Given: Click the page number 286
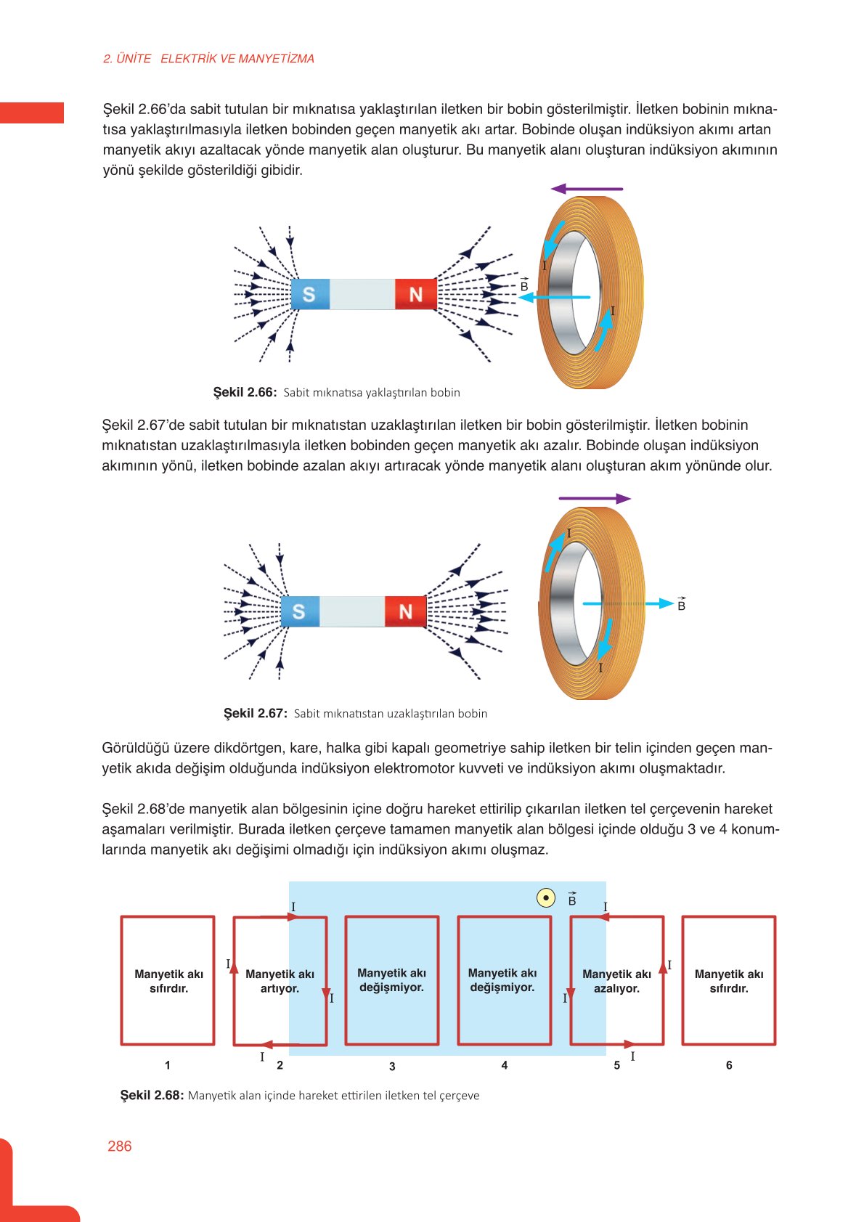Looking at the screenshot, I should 120,1146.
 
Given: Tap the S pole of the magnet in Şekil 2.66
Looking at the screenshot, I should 310,294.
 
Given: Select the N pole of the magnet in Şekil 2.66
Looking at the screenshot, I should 415,294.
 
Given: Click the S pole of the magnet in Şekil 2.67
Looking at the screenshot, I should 299,611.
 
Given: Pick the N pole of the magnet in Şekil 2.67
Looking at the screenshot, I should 405,611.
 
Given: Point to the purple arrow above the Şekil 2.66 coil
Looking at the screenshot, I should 587,189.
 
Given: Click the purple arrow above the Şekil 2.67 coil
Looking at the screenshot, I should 595,499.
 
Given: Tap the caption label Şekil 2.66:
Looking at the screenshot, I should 245,392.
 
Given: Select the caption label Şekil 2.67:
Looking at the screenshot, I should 255,713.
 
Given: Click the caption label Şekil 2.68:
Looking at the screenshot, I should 152,1095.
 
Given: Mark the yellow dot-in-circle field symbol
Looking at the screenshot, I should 546,898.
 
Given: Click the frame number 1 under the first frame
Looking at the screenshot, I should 168,1065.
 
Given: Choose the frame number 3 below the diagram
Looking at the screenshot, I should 392,1066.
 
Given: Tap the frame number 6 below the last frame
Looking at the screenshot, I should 729,1065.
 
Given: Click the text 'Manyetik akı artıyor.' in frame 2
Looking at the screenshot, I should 280,981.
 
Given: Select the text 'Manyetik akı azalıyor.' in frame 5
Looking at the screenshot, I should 616,981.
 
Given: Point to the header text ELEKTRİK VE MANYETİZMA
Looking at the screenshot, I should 237,59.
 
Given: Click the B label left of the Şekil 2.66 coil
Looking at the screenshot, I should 524,285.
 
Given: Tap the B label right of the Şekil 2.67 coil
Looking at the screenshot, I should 681,604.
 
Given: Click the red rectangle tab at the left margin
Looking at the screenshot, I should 32,113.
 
